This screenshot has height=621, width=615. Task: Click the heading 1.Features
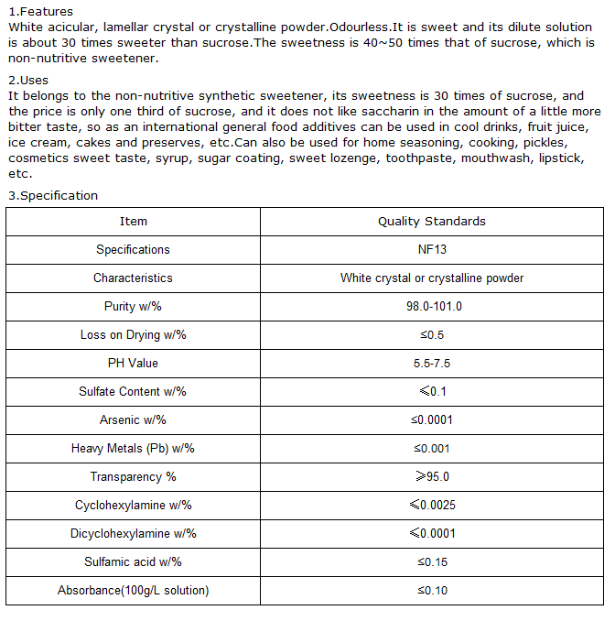coord(40,12)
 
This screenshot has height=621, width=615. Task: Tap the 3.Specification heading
coord(52,195)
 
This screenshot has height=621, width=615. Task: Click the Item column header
coord(133,222)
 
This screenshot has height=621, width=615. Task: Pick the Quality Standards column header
coord(432,222)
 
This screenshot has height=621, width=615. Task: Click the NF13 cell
coord(432,250)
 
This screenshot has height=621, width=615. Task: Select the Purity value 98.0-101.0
coord(432,307)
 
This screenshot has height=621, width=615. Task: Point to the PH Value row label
coord(133,364)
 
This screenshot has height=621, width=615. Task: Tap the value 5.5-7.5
coord(432,364)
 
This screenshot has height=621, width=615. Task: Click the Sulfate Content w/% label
coord(133,392)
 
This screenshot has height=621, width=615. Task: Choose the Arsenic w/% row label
coord(133,420)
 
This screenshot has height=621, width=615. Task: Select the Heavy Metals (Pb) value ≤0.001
coord(432,449)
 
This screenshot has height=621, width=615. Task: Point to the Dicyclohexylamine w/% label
coord(133,534)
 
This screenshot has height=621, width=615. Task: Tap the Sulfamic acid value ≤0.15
coord(432,562)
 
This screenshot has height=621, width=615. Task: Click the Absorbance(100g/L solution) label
coord(133,591)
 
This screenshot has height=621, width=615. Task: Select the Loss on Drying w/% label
coord(133,335)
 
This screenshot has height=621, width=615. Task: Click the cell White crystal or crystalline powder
coord(432,278)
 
